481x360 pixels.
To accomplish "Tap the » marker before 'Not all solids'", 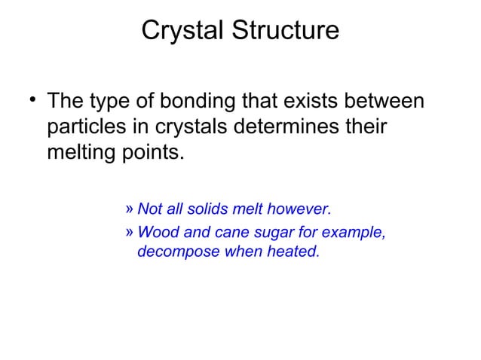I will (129, 208).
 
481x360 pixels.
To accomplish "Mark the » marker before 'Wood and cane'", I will (129, 233).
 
